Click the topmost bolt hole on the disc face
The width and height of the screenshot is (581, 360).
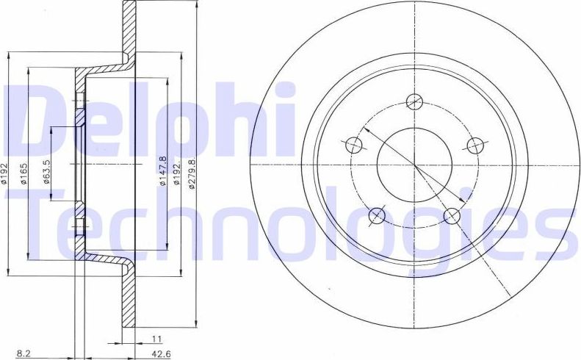click(x=415, y=101)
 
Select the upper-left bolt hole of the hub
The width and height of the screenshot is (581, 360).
click(x=354, y=144)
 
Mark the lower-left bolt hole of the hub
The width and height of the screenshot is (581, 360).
click(x=378, y=215)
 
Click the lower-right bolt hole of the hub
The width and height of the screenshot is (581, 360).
click(x=452, y=215)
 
